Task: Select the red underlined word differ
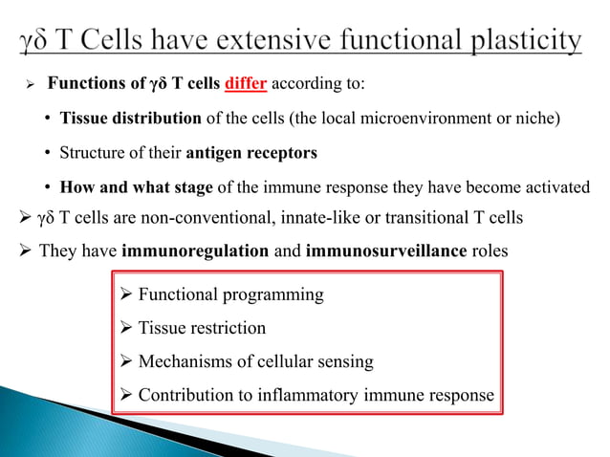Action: [x=247, y=83]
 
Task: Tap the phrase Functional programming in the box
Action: [x=230, y=294]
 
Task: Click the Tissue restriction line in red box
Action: [x=202, y=328]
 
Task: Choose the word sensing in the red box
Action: [x=345, y=361]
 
